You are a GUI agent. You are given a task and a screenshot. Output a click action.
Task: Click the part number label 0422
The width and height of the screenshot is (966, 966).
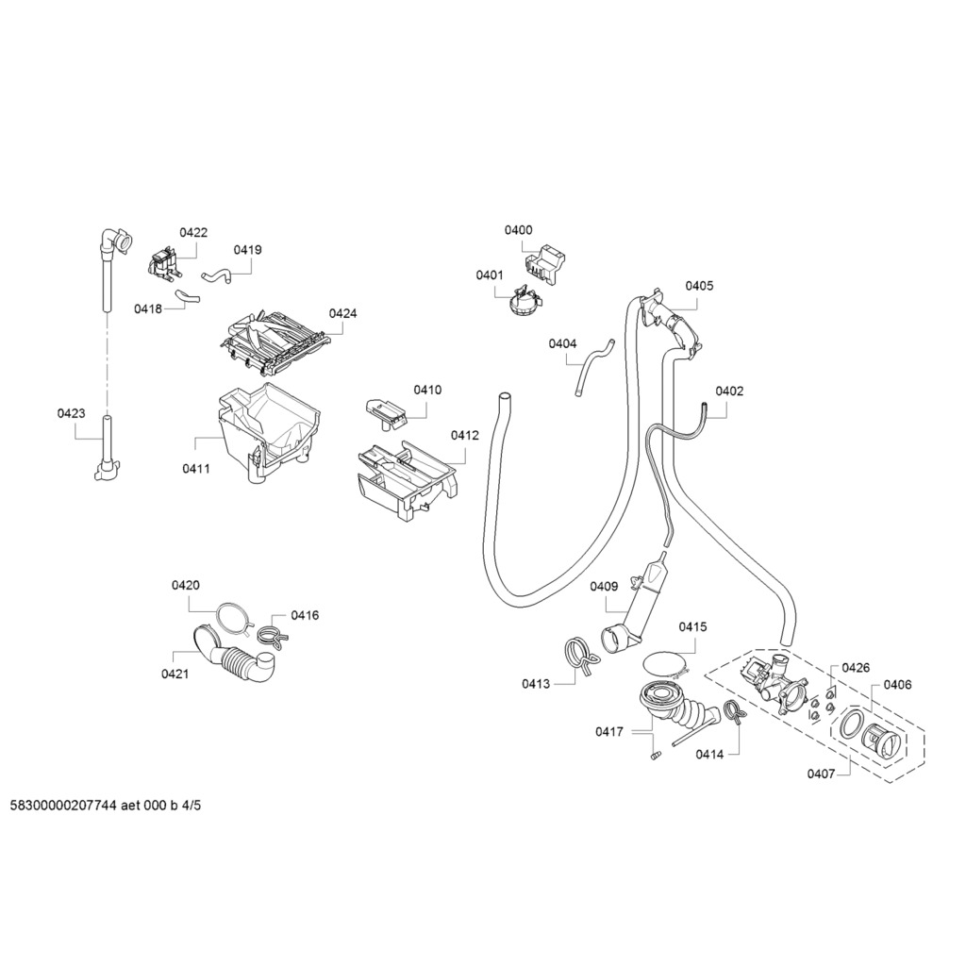click(x=193, y=232)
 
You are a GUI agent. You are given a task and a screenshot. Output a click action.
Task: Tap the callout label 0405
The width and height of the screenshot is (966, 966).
click(x=699, y=285)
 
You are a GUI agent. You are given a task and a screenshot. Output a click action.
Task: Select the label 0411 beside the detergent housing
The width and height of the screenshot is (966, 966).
click(x=196, y=469)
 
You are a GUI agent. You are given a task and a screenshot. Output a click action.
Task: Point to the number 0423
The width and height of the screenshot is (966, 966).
click(x=71, y=413)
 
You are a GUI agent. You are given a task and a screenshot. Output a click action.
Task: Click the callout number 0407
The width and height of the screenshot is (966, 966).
click(x=821, y=774)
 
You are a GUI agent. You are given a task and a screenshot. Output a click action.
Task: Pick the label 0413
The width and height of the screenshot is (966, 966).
click(x=536, y=684)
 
